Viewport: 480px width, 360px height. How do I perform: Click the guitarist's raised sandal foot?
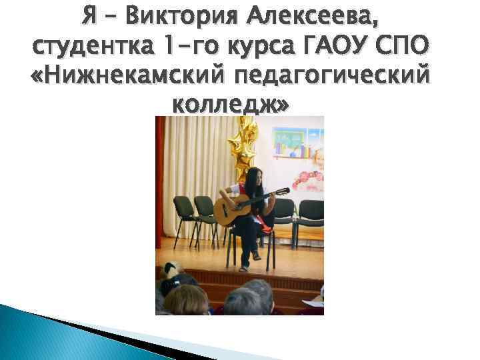tap(256, 255)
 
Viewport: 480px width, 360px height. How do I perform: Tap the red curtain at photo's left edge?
tap(161, 187)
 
